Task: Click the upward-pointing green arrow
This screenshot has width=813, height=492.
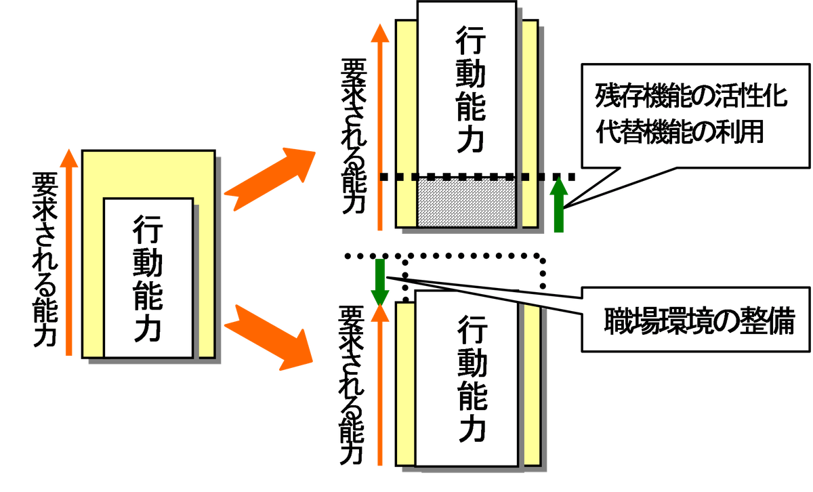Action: point(558,204)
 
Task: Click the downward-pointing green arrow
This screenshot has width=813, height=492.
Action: point(379,281)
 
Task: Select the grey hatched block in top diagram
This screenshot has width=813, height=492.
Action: point(467,203)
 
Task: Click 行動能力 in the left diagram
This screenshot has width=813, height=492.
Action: point(148,278)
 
